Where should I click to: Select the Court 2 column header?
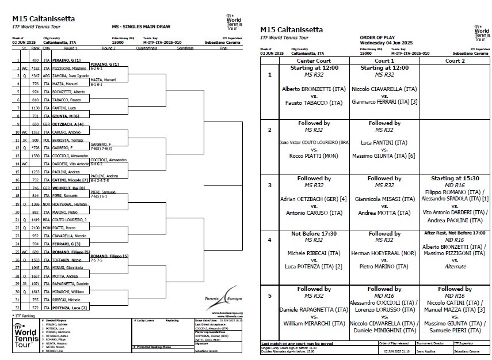coord(455,60)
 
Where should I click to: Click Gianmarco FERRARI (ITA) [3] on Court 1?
coord(384,103)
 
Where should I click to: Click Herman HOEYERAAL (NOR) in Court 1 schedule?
coord(384,253)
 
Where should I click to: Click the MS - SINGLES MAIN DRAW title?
coord(135,27)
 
